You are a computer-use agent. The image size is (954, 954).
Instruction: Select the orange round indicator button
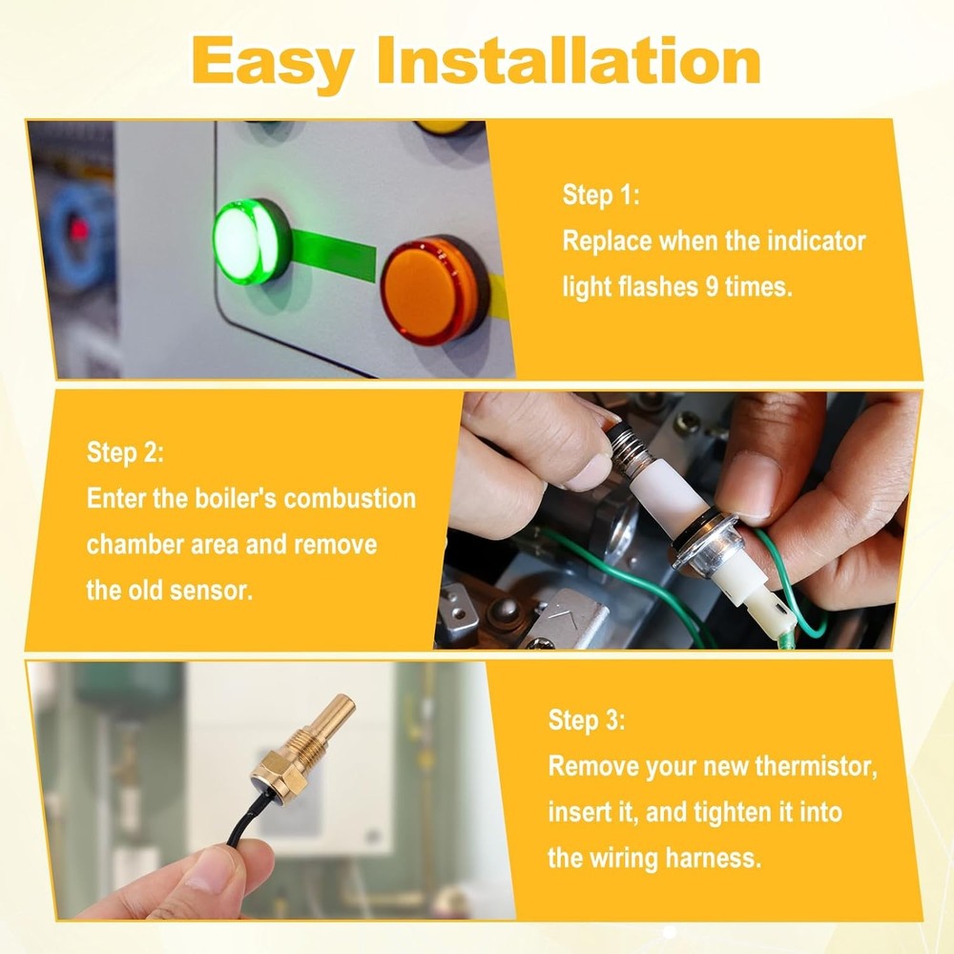click(x=433, y=288)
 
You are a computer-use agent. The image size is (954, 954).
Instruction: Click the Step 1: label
click(x=600, y=196)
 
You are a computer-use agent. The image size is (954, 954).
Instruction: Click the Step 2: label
click(x=125, y=452)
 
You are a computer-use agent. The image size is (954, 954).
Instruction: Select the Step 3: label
click(x=587, y=720)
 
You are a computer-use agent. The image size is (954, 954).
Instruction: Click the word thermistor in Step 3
click(x=814, y=766)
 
